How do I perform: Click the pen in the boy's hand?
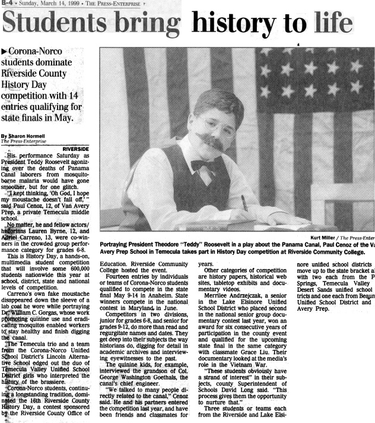244,203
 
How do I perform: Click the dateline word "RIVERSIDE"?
76,148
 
